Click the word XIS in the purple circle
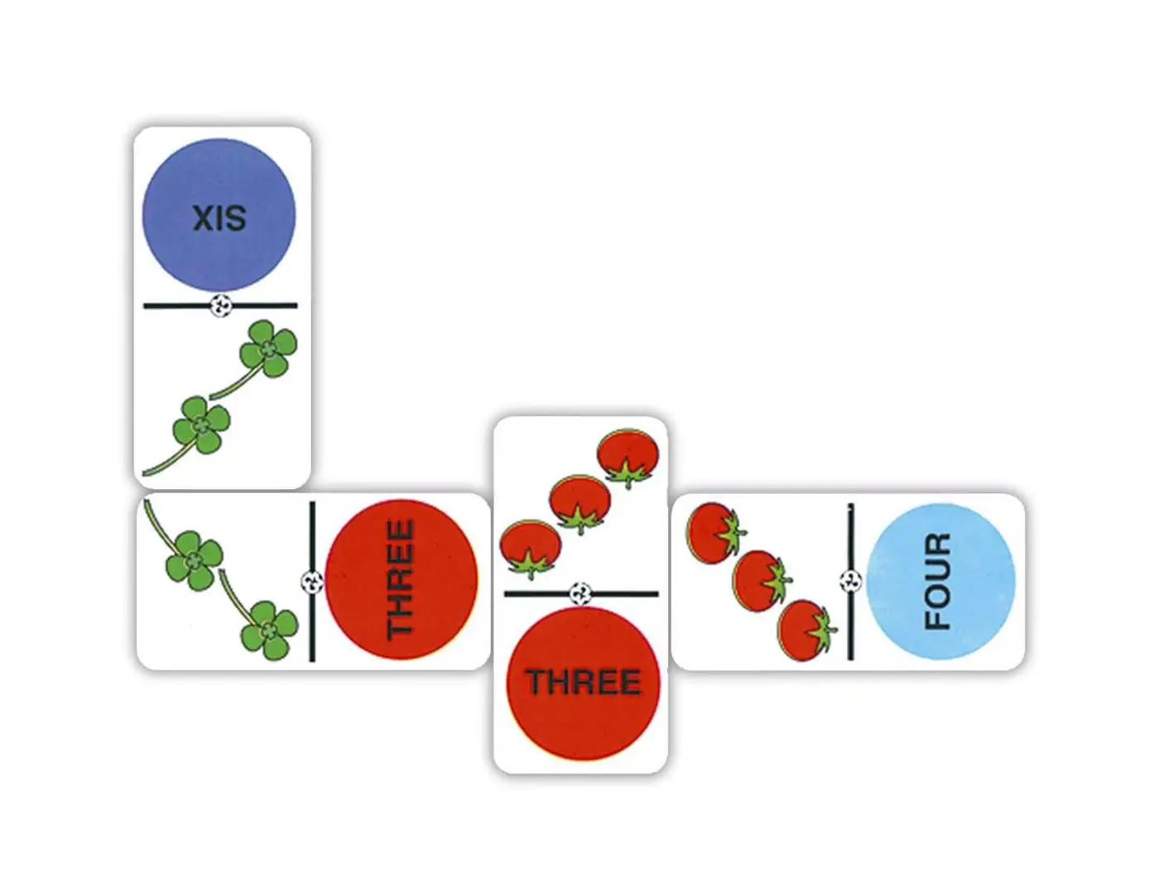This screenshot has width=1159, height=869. (219, 218)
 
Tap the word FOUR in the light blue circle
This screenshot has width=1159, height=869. (937, 581)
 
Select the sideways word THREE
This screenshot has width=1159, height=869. (401, 579)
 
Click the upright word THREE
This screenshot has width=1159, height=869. (584, 682)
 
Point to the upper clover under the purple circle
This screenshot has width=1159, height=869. (267, 350)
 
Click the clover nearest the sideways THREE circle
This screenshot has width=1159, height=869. (269, 631)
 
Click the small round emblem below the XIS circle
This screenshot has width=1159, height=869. (220, 305)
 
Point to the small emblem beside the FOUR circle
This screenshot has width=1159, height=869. (850, 580)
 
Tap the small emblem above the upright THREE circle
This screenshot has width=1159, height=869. (581, 593)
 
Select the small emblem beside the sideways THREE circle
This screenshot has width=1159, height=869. (312, 582)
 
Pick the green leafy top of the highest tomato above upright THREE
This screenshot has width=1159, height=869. (627, 475)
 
